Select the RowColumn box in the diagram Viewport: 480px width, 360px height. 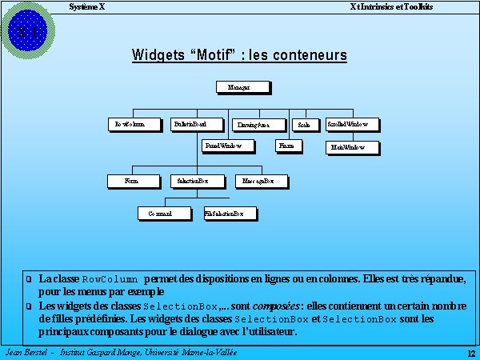[x=132, y=125]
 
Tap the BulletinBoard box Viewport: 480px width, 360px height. [x=190, y=125]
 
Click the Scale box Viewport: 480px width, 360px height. [x=304, y=125]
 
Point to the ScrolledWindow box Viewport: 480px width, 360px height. [x=349, y=125]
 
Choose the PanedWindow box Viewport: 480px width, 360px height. [x=229, y=146]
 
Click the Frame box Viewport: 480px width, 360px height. [x=286, y=146]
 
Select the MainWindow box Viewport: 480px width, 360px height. [x=349, y=148]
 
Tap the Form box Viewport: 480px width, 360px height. [x=131, y=182]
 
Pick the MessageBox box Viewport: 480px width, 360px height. [x=258, y=182]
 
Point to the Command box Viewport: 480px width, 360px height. [x=165, y=214]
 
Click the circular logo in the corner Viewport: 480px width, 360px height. [x=30, y=30]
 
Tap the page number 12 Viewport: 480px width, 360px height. [x=470, y=354]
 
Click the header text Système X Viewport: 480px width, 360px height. [x=86, y=6]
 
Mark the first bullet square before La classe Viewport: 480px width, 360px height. [x=30, y=280]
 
